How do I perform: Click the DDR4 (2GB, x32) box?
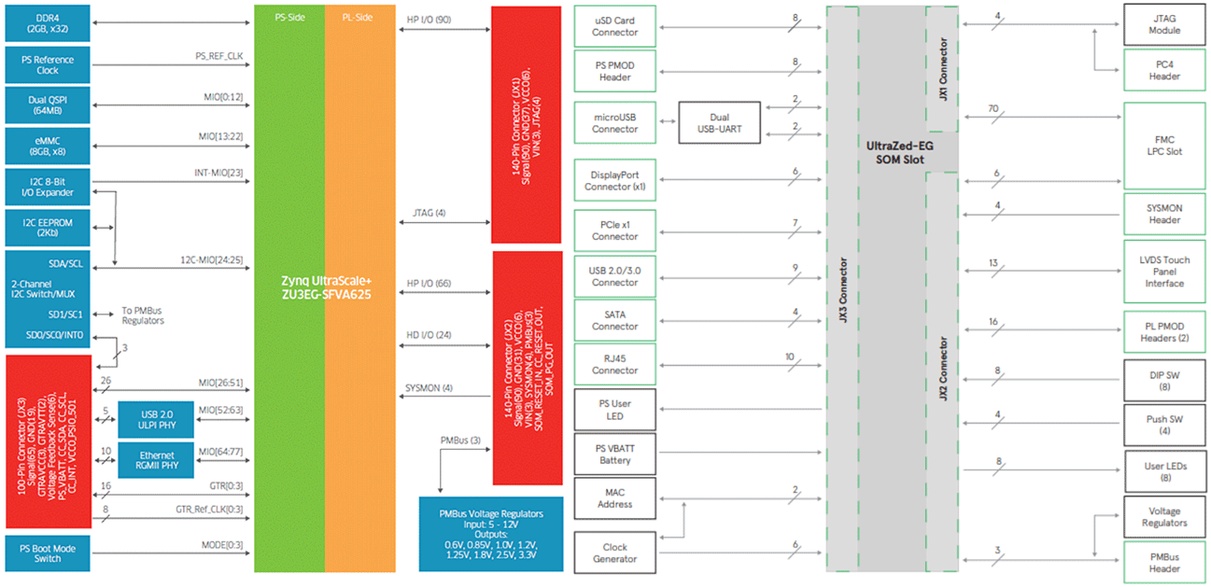click(x=48, y=23)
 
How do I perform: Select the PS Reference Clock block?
click(x=48, y=65)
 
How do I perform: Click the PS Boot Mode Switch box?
click(x=48, y=552)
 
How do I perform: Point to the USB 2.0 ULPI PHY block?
click(x=153, y=420)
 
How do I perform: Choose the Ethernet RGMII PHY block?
click(x=153, y=460)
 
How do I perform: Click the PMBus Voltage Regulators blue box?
click(x=490, y=534)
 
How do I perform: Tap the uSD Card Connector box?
click(x=614, y=26)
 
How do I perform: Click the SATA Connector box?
click(x=614, y=320)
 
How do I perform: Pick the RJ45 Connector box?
click(x=614, y=364)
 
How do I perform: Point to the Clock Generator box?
click(x=614, y=552)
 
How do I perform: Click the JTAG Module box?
click(x=1164, y=24)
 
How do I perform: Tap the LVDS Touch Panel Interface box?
click(x=1164, y=272)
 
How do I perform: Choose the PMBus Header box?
click(x=1164, y=563)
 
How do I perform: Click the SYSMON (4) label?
click(x=429, y=387)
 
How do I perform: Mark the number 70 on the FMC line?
click(x=995, y=109)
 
